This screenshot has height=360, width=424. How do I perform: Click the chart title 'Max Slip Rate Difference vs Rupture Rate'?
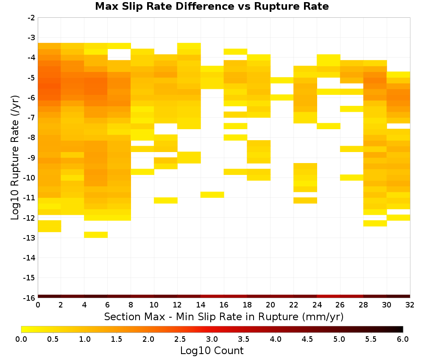pyautogui.click(x=212, y=6)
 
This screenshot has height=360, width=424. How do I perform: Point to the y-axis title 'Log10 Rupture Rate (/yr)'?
pyautogui.click(x=15, y=158)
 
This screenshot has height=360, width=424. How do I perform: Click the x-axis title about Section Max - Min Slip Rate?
pyautogui.click(x=223, y=316)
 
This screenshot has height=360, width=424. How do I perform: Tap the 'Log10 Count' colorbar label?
pyautogui.click(x=212, y=351)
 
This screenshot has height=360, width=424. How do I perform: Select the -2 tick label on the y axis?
pyautogui.click(x=31, y=18)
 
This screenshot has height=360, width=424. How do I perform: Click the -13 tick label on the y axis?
pyautogui.click(x=30, y=238)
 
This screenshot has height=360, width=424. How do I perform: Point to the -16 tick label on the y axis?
pyautogui.click(x=30, y=298)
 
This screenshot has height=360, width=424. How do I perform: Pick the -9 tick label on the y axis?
pyautogui.click(x=31, y=158)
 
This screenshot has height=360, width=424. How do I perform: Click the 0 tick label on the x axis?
pyautogui.click(x=38, y=305)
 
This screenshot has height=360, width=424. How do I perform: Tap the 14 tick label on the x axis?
pyautogui.click(x=201, y=305)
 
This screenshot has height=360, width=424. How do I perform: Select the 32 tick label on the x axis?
pyautogui.click(x=410, y=305)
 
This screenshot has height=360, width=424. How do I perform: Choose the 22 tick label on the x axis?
pyautogui.click(x=294, y=305)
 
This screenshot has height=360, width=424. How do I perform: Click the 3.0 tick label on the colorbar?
pyautogui.click(x=212, y=339)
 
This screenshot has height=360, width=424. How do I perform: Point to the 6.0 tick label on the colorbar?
pyautogui.click(x=403, y=339)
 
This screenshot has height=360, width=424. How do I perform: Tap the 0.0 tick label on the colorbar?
pyautogui.click(x=21, y=339)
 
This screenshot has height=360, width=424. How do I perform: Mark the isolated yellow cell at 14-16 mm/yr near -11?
pyautogui.click(x=212, y=194)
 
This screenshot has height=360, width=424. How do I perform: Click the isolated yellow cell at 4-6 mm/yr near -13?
pyautogui.click(x=96, y=235)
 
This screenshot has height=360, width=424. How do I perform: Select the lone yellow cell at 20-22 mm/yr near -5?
pyautogui.click(x=282, y=80)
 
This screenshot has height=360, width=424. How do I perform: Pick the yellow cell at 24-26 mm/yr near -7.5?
pyautogui.click(x=329, y=126)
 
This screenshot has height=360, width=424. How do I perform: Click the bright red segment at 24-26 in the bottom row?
pyautogui.click(x=329, y=296)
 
